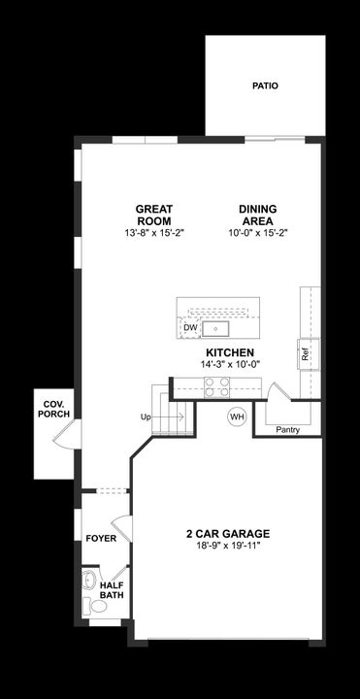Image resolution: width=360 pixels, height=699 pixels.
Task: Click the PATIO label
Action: [265, 86]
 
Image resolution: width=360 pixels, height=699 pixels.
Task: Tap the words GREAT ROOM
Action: [153, 215]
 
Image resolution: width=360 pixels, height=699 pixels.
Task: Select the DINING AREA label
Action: [258, 215]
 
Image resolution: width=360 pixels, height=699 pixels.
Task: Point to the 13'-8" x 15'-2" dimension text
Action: [153, 234]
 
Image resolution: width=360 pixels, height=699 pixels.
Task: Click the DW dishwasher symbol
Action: [190, 328]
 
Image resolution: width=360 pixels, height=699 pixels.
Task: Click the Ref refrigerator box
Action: [307, 354]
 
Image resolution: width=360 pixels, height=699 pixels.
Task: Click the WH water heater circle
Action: [236, 416]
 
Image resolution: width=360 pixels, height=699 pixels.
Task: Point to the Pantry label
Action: [287, 429]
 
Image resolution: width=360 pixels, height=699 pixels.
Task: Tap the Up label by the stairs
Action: [146, 416]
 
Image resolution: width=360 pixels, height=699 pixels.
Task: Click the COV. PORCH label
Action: [51, 409]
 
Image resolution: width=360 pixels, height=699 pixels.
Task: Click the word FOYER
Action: [101, 538]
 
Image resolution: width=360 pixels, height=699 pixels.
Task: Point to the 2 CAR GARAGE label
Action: [227, 534]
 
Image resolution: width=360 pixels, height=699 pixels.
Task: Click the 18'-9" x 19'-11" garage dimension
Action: [227, 546]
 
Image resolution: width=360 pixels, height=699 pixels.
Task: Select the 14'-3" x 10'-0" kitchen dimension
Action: [231, 364]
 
